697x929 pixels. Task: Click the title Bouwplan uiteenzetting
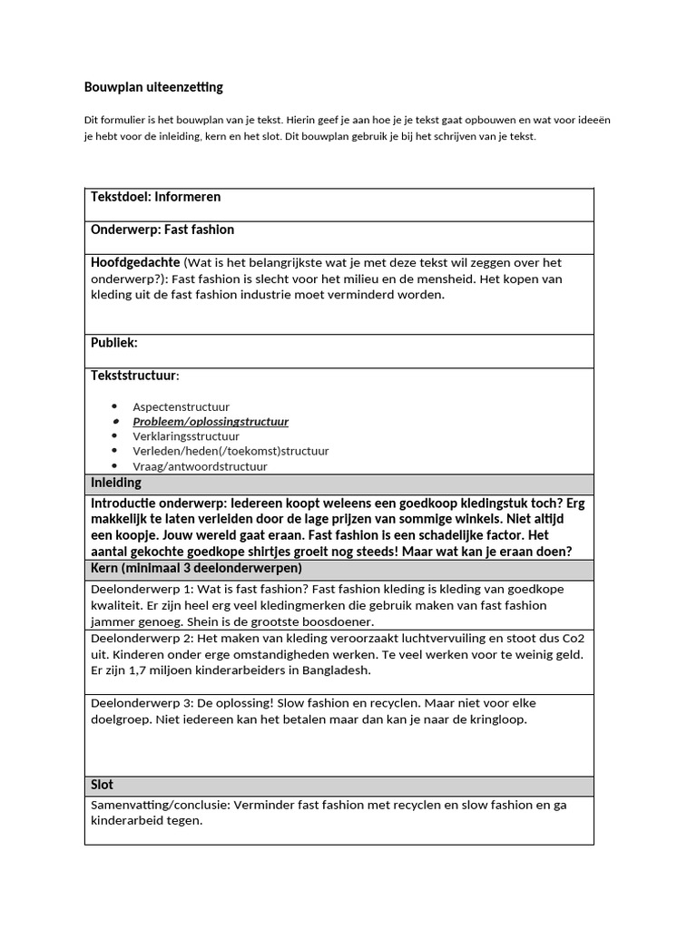pos(152,88)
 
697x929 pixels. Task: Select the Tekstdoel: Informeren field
pos(155,197)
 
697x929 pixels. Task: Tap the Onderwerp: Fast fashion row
pos(162,230)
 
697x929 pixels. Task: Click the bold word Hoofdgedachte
pos(135,262)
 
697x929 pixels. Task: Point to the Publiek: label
pos(113,343)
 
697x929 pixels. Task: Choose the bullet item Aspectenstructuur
pos(181,407)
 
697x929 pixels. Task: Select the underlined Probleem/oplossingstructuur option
pos(211,422)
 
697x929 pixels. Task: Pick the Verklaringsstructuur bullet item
pos(186,436)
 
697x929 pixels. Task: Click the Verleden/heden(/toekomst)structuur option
pos(231,451)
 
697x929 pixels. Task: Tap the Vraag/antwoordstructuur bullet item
pos(200,466)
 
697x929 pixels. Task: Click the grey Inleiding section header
pos(115,483)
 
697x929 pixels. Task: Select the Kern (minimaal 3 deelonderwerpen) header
pos(196,568)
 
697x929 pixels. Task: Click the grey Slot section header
pos(102,785)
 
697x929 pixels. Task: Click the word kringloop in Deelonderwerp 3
pos(498,719)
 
